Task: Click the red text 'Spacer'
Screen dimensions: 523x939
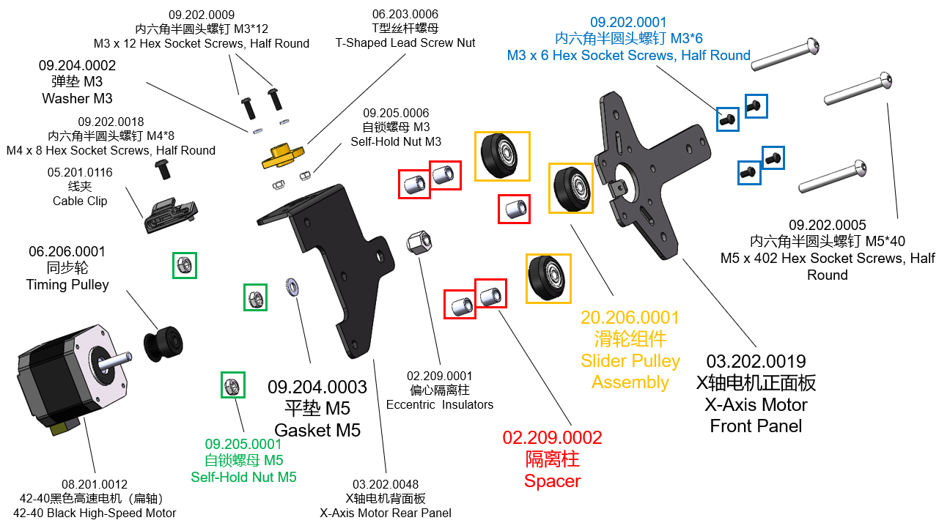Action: pos(552,481)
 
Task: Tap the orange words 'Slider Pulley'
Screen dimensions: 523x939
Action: pos(630,361)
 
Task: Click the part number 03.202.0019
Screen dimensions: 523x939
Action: pos(756,361)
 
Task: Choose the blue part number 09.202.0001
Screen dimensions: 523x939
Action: pos(628,23)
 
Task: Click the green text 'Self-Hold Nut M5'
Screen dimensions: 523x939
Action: pos(243,477)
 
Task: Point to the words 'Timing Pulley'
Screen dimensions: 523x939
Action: pos(67,284)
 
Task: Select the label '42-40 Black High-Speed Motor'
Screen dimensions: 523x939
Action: pos(95,513)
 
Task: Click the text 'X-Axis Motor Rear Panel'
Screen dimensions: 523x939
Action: pos(386,513)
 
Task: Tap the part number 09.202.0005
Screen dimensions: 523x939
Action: pos(827,225)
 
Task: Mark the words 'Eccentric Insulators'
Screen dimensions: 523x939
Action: pos(439,404)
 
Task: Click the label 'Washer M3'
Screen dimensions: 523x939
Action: pos(77,98)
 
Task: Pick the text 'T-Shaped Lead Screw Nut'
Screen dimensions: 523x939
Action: pos(405,42)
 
